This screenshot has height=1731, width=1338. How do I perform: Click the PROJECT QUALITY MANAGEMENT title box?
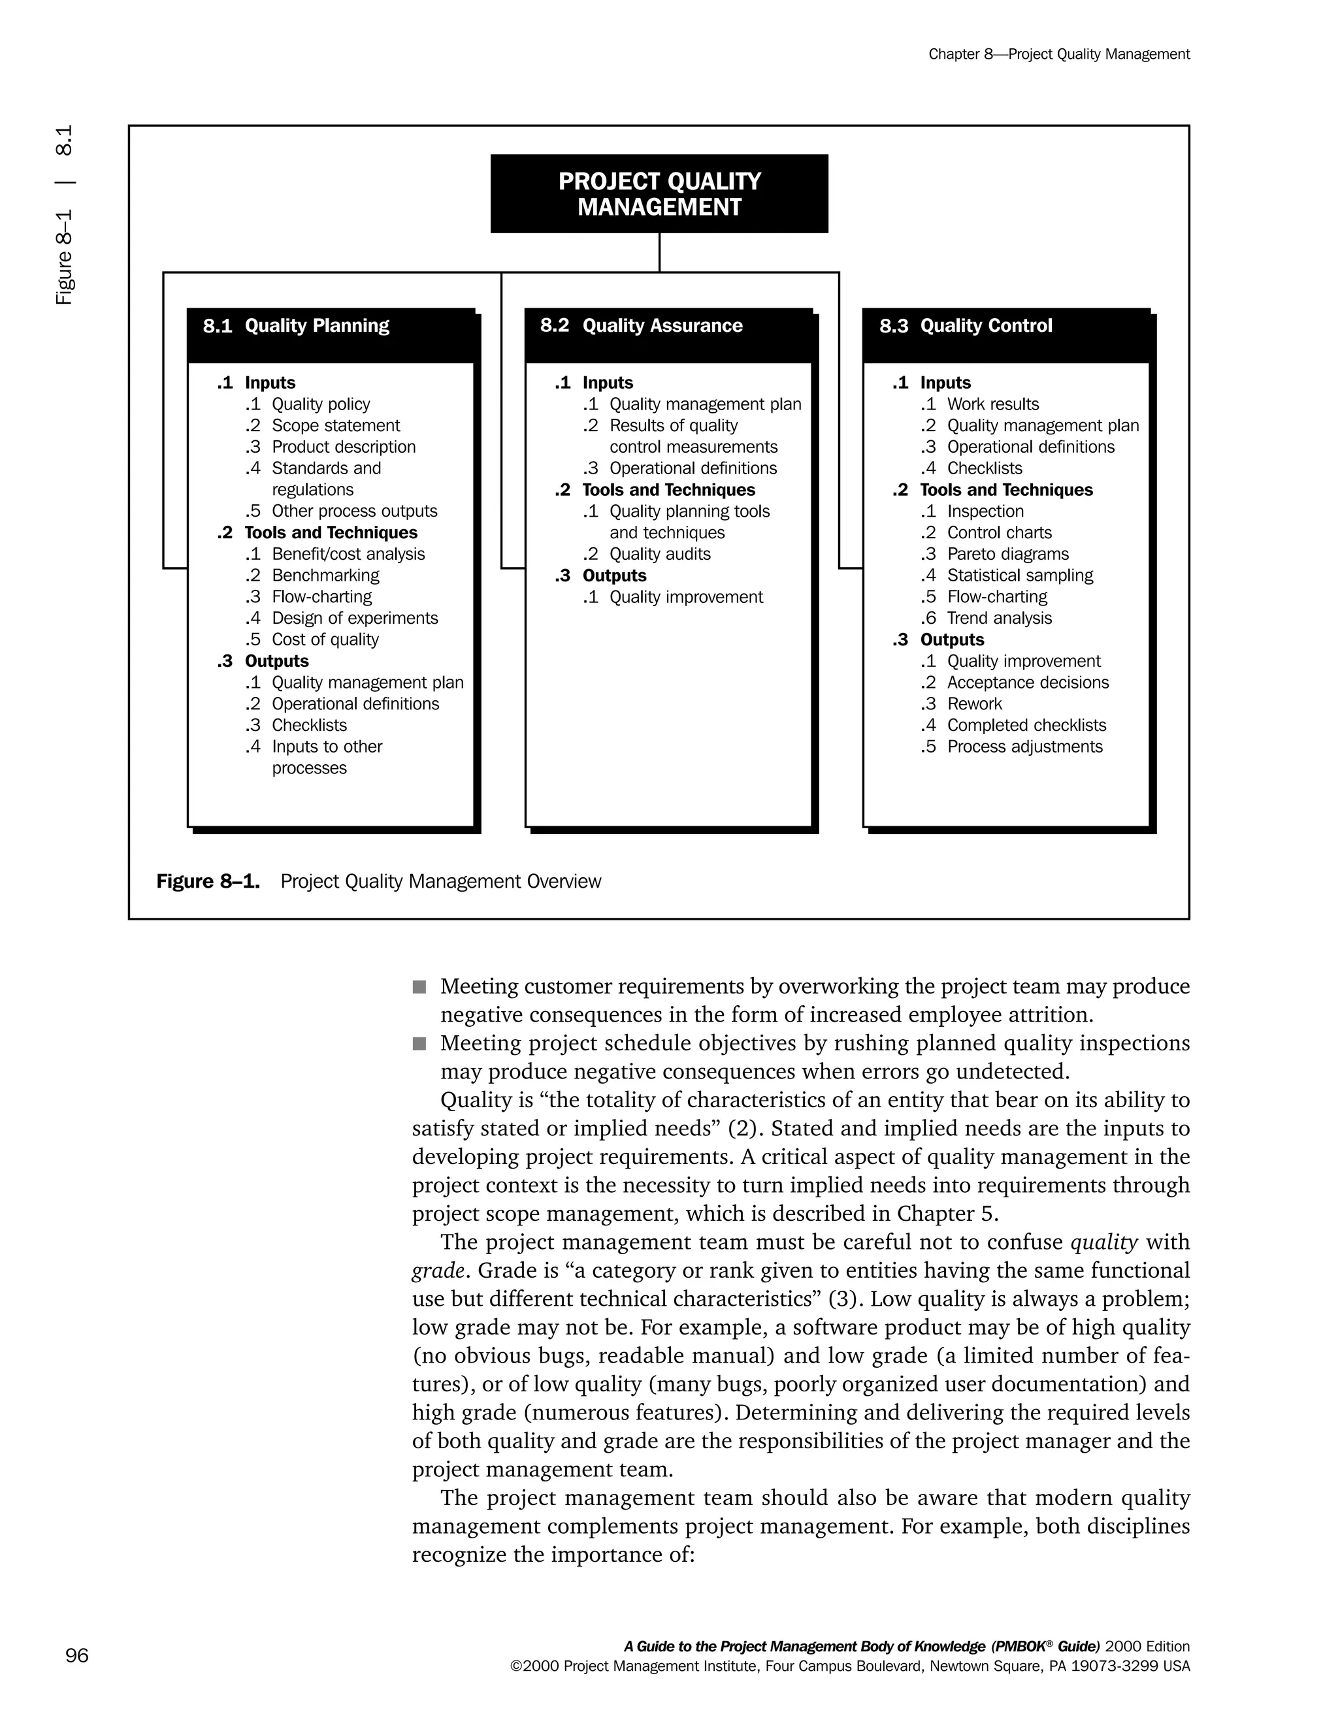coord(659,193)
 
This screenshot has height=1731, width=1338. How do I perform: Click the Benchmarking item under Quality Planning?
coord(325,575)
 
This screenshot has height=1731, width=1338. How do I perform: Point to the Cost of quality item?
coord(325,639)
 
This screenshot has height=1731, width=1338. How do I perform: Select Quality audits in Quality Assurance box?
coord(659,554)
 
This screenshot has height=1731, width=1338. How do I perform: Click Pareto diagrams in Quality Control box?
coord(1007,554)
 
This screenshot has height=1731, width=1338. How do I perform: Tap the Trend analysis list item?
coord(999,618)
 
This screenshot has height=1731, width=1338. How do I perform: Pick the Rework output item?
coord(974,704)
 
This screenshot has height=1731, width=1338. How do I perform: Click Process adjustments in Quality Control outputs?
coord(1024,747)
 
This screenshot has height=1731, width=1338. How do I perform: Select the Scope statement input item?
coord(335,426)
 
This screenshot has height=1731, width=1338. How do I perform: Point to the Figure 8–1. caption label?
coord(208,881)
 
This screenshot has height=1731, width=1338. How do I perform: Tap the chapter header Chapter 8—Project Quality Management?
coord(1058,54)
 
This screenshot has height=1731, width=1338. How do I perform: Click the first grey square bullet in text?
coord(419,987)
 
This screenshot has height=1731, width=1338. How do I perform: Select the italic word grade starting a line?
coord(438,1270)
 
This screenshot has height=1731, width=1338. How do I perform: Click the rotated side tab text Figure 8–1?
coord(64,257)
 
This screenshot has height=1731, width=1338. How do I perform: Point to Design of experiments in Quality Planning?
coord(354,618)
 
